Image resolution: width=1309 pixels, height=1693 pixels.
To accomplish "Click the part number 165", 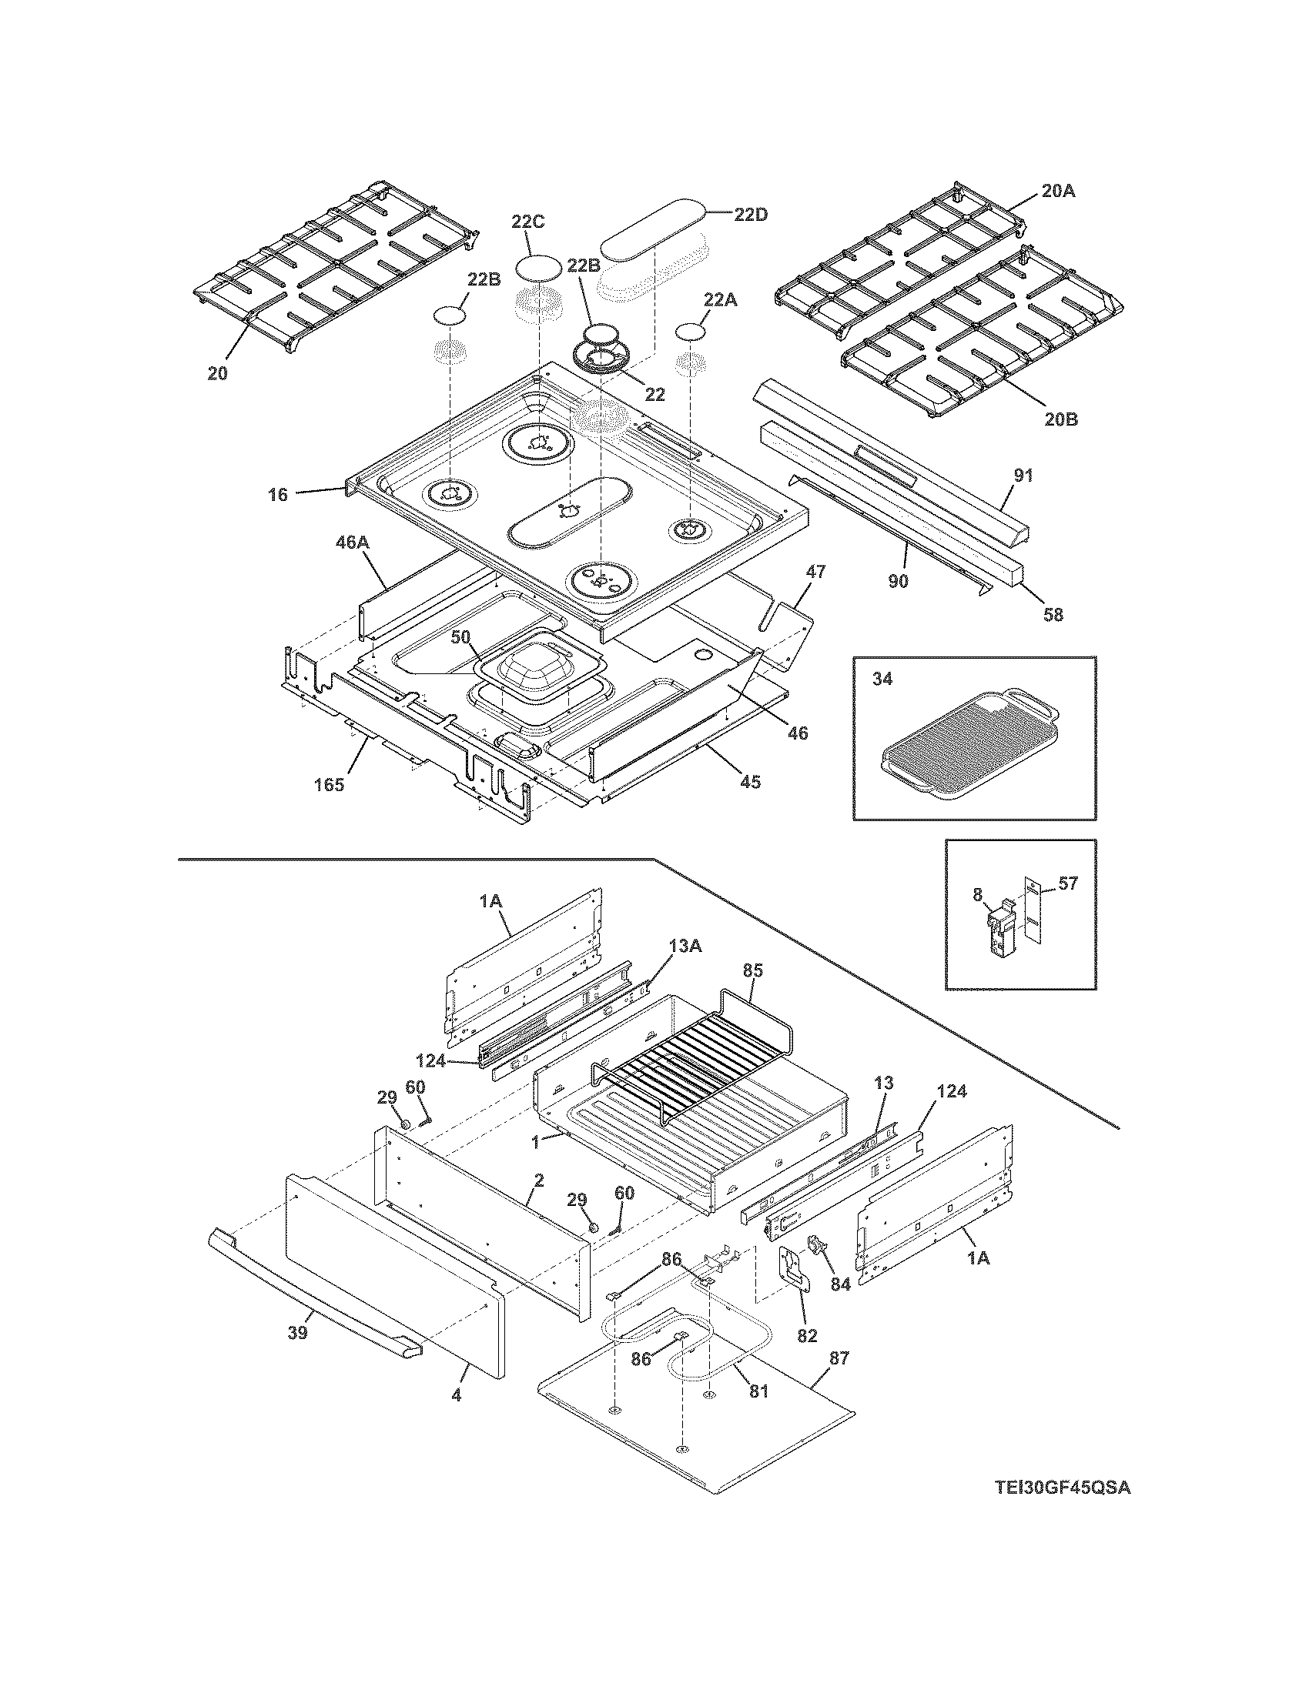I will tap(329, 785).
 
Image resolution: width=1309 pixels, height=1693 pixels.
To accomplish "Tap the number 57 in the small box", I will tap(1068, 883).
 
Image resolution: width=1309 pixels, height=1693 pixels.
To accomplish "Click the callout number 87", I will tap(839, 1357).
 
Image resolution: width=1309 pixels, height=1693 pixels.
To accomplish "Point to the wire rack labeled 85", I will tap(690, 1058).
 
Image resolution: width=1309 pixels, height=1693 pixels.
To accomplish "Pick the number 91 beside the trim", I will tap(1023, 475).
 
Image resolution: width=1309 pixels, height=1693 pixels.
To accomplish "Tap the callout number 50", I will tap(460, 636).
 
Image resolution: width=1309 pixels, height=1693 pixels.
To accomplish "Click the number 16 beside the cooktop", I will tap(278, 494).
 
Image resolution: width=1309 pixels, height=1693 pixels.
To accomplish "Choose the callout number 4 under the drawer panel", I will tap(456, 1395).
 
